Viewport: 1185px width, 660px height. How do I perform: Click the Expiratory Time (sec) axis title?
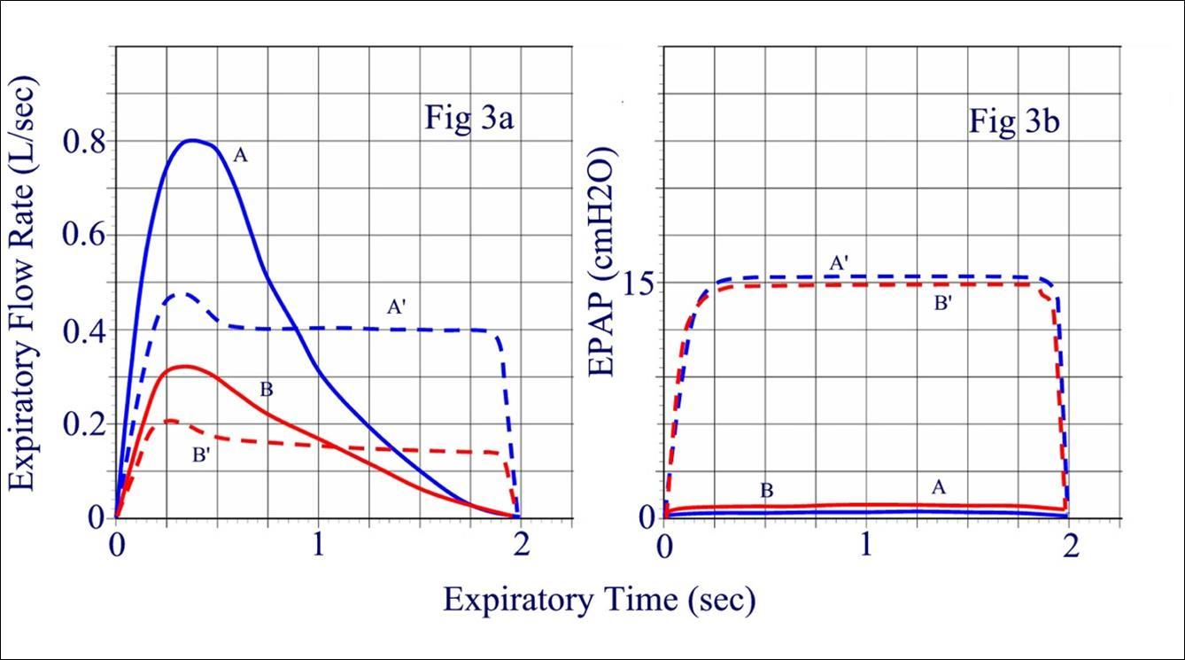click(x=600, y=600)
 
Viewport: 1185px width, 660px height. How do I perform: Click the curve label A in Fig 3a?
click(x=239, y=156)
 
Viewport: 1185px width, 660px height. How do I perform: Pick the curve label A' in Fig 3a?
click(x=396, y=307)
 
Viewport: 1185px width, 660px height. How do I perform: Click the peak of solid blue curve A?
click(x=194, y=140)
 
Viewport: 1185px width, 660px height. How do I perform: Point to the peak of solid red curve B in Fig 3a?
click(x=183, y=365)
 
